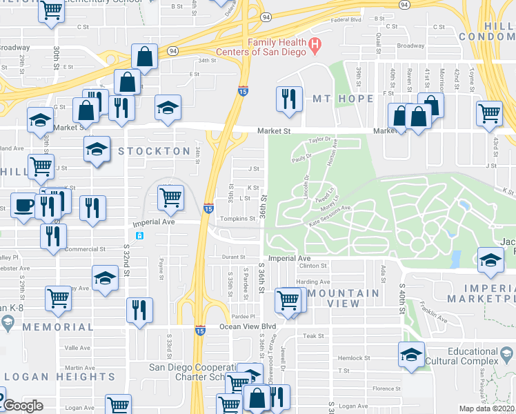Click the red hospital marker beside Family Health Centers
[x=315, y=47]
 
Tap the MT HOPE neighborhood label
[x=343, y=99]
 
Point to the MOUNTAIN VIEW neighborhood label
[x=334, y=298]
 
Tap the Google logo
[x=23, y=406]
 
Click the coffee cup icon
[x=24, y=206]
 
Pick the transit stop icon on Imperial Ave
[x=139, y=236]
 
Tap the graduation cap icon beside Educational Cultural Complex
[x=411, y=355]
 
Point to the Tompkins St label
[x=237, y=219]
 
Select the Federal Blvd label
[x=346, y=20]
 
